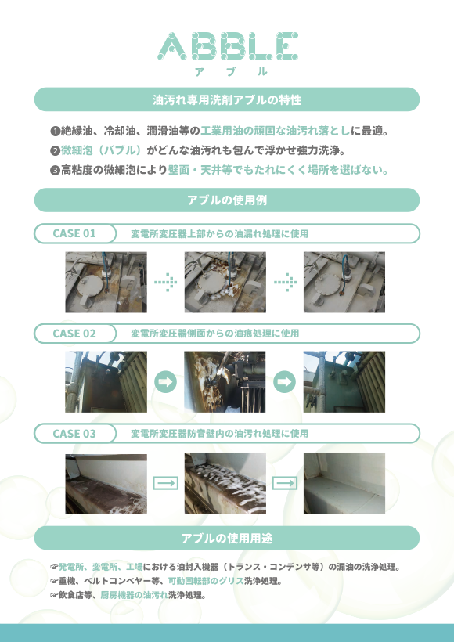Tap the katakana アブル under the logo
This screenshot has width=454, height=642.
coord(231,71)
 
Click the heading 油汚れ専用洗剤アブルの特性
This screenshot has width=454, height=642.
coord(227,99)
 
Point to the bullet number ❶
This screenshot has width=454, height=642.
coord(55,132)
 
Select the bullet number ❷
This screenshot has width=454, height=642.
coord(55,151)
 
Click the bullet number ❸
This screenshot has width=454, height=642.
coord(55,171)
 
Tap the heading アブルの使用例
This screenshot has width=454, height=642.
coord(227,200)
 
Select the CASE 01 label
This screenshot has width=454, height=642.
coord(74,233)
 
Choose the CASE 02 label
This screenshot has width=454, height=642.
coord(74,334)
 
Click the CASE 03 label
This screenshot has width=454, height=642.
coord(74,434)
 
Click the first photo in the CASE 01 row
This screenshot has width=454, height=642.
coord(106,282)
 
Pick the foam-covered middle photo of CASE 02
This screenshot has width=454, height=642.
coord(225,381)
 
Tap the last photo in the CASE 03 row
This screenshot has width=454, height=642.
coord(344,483)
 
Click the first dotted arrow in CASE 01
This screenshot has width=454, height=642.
coord(166,282)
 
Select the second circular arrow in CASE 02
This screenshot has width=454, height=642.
coord(284,381)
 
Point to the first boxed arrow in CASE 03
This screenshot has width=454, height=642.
coord(165,483)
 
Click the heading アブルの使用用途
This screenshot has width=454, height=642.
coord(227,538)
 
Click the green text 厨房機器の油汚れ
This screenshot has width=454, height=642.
coord(135,595)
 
